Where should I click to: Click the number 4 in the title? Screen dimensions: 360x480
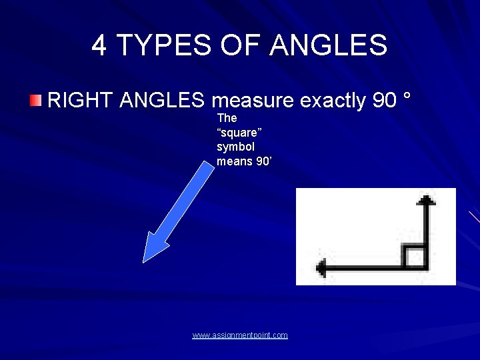(x=99, y=45)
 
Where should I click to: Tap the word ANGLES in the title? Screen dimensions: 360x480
(x=329, y=45)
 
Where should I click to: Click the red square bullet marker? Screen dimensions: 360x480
(x=35, y=101)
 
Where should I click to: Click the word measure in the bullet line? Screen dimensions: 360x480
(x=253, y=101)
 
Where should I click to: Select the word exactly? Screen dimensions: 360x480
(x=332, y=101)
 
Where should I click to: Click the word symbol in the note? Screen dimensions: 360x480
(x=235, y=147)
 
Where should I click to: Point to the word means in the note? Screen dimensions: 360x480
(x=234, y=161)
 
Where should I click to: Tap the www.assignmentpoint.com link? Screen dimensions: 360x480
(x=240, y=335)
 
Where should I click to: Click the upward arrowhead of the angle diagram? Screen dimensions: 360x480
(x=426, y=199)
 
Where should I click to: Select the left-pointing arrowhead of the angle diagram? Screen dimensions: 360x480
(x=322, y=269)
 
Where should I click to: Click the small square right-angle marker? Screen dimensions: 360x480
(x=415, y=257)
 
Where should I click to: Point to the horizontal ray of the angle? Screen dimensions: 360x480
(x=367, y=269)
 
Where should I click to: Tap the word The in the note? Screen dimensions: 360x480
(x=227, y=118)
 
